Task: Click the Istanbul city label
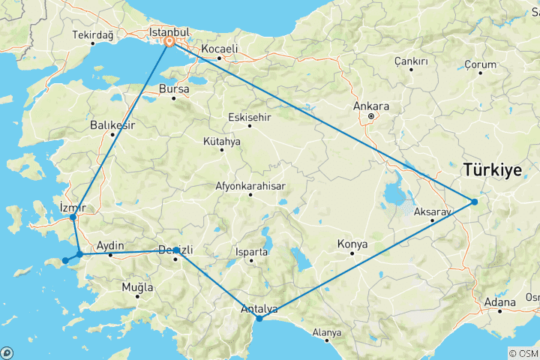(x=168, y=33)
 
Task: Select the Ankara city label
(x=371, y=106)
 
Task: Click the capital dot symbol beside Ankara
(x=371, y=117)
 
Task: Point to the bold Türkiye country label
(x=492, y=169)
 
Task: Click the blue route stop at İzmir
(x=73, y=217)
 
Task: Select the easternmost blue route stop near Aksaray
(x=474, y=201)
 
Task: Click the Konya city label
(x=352, y=244)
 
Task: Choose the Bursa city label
(x=174, y=88)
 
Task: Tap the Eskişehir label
(x=250, y=117)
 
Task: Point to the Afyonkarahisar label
(x=250, y=185)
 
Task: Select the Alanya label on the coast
(x=327, y=331)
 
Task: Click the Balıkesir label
(x=112, y=124)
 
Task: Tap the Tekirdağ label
(x=93, y=35)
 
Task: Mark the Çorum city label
(x=481, y=64)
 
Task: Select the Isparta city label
(x=252, y=252)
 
